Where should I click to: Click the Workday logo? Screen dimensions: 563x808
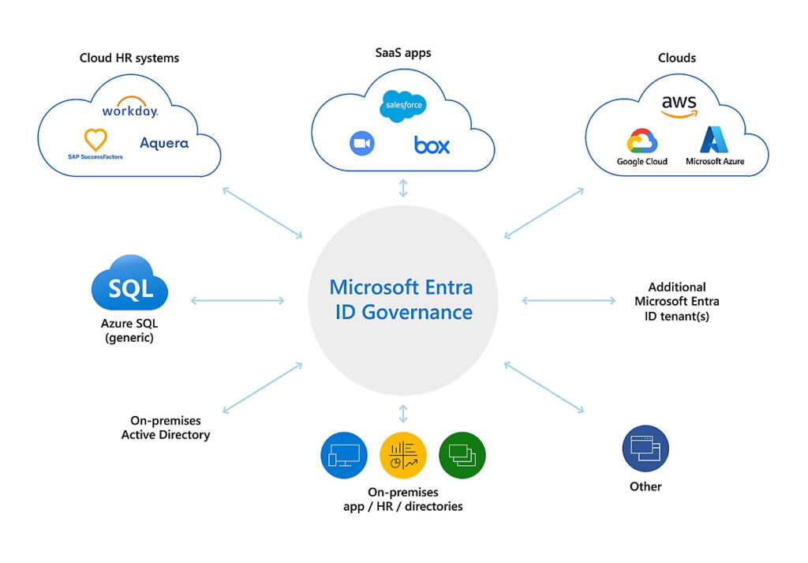click(x=129, y=111)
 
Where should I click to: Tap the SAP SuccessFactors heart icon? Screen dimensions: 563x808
click(x=95, y=140)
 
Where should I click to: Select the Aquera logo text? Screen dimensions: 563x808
click(x=164, y=143)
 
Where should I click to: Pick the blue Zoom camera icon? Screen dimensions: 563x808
click(x=361, y=143)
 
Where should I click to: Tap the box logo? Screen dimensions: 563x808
click(x=432, y=145)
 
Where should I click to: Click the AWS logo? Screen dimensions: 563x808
click(x=679, y=105)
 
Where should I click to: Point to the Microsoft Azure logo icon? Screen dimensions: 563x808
click(x=715, y=140)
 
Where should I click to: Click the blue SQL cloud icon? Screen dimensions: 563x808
click(x=129, y=287)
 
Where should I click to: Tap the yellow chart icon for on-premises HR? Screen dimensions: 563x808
click(x=402, y=456)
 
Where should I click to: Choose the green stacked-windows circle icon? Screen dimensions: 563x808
click(x=462, y=455)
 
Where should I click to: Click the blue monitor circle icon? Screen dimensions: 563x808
click(x=344, y=455)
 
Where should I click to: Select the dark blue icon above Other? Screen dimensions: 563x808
click(x=645, y=449)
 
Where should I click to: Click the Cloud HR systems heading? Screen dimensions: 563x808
click(x=129, y=58)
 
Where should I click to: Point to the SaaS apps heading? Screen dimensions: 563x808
click(x=402, y=53)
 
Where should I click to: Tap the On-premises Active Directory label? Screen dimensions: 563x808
click(x=166, y=428)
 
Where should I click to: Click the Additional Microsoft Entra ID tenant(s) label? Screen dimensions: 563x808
click(x=676, y=301)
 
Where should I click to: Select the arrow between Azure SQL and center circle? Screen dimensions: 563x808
click(x=238, y=300)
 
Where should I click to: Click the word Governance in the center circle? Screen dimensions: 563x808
click(x=417, y=312)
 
